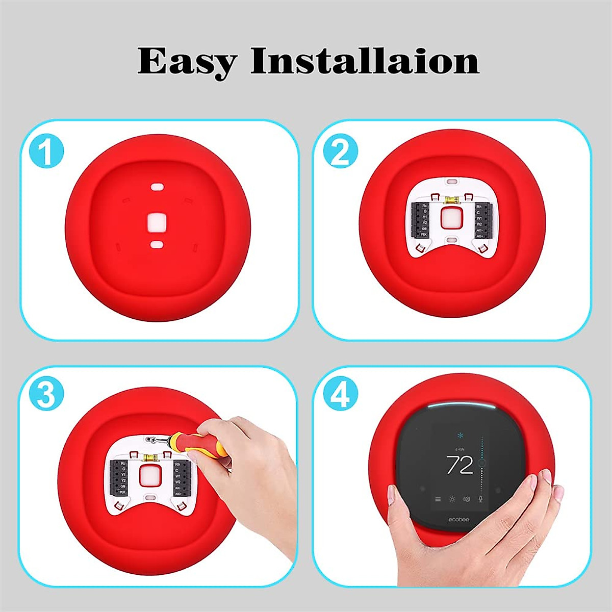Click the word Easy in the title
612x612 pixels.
(x=187, y=61)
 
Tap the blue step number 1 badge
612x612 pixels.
(x=47, y=151)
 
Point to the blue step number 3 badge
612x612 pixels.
(x=47, y=395)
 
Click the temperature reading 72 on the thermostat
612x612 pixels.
(x=460, y=465)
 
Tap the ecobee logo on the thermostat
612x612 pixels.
(x=458, y=519)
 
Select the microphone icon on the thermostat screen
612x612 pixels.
(x=480, y=499)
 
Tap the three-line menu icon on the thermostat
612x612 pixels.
(x=438, y=499)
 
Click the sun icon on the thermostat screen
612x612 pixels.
(x=452, y=499)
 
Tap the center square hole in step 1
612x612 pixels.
(x=157, y=222)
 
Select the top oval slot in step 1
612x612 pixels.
(x=157, y=187)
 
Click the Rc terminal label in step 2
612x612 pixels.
(x=424, y=206)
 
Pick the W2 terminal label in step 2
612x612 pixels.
(x=479, y=224)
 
